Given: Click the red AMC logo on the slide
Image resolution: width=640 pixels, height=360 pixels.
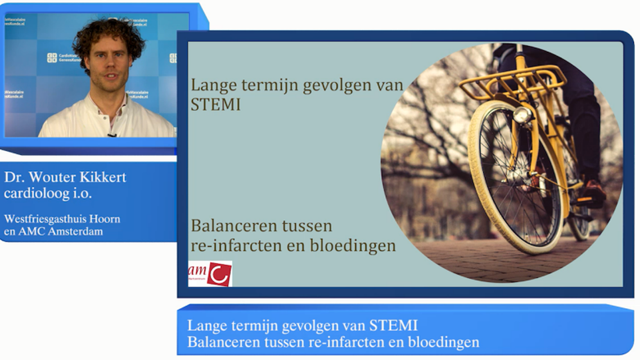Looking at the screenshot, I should (x=210, y=273).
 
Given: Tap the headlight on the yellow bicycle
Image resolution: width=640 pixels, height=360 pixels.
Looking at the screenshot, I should (x=522, y=115).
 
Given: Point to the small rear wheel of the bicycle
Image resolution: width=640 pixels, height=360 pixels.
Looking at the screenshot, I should (x=579, y=219).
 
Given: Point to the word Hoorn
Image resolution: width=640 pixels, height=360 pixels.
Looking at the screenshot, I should (x=105, y=219).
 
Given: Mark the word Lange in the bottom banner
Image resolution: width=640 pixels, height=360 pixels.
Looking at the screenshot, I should (x=204, y=325).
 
